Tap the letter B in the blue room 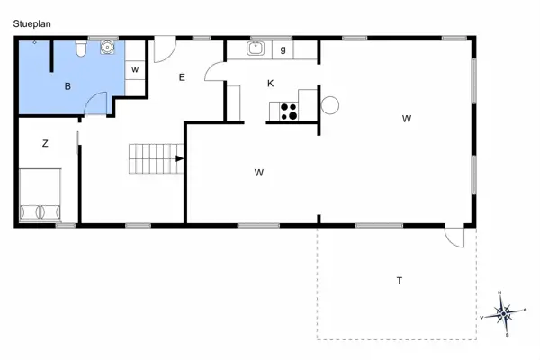pyautogui.click(x=67, y=86)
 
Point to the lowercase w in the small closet pyautogui.click(x=135, y=69)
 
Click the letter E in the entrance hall pyautogui.click(x=181, y=77)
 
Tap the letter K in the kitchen pyautogui.click(x=270, y=84)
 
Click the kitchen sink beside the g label pyautogui.click(x=256, y=49)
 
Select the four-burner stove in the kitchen pyautogui.click(x=290, y=112)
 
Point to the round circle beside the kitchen pyautogui.click(x=329, y=105)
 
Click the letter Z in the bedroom pyautogui.click(x=45, y=143)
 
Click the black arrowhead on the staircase pyautogui.click(x=180, y=159)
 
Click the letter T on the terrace pyautogui.click(x=399, y=281)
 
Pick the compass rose pyautogui.click(x=505, y=313)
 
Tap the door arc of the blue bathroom pyautogui.click(x=96, y=106)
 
